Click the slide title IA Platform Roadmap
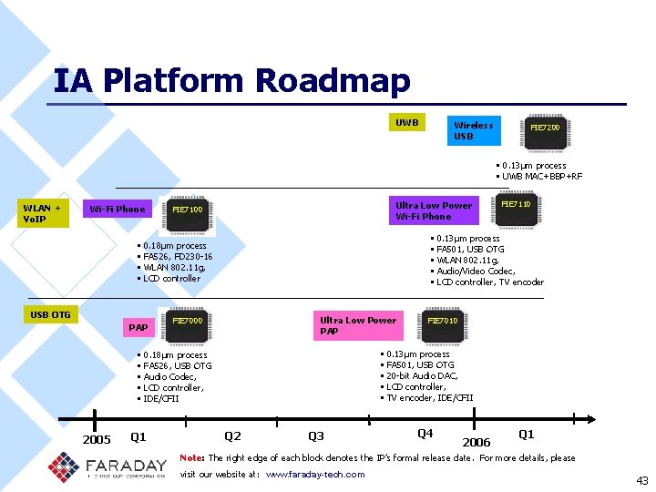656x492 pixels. pos(232,81)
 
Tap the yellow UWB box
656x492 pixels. pos(407,122)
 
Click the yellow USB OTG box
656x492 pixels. pos(51,315)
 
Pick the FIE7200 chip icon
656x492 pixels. pos(545,128)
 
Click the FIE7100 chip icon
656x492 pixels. pos(188,210)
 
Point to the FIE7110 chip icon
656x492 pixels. pos(516,205)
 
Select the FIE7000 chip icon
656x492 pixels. pos(188,321)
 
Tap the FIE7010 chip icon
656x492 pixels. pos(443,321)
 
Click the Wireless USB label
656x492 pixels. pos(473,130)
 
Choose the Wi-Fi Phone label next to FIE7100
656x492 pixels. pos(117,210)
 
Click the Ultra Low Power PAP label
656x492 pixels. pos(358,325)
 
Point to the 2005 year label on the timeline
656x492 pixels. pos(97,440)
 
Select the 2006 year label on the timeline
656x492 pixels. pos(477,442)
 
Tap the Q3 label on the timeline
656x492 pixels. pos(316,436)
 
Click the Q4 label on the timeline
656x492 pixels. pos(425,434)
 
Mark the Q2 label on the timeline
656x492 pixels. pos(232,436)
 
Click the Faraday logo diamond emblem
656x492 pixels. pos(64,467)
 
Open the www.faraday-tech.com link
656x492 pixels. pos(314,474)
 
